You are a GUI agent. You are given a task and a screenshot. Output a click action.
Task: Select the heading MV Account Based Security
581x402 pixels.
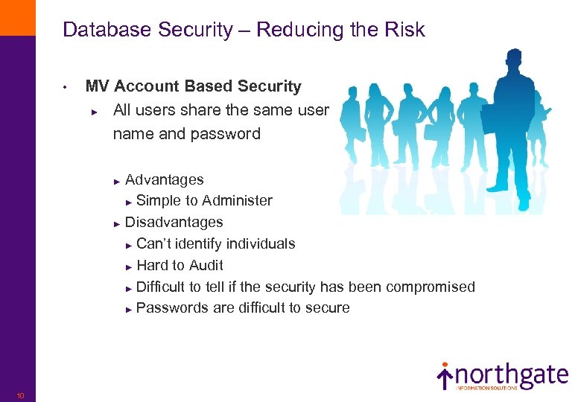pos(193,86)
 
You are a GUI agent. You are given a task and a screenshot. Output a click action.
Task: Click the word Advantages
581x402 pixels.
pos(164,179)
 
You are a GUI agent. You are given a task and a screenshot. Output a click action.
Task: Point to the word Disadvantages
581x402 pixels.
pos(174,222)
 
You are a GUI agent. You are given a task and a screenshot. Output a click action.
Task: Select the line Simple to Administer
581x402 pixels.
pos(204,200)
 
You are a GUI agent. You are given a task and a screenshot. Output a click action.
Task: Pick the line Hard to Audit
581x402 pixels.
pos(180,265)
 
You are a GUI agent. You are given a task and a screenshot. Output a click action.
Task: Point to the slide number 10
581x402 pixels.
pos(20,395)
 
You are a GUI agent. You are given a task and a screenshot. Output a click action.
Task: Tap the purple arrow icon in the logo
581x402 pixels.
pos(445,377)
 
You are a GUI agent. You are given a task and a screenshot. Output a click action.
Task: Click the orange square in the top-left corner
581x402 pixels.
pos(17,17)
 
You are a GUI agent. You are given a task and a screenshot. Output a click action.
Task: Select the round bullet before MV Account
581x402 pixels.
pos(66,88)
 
